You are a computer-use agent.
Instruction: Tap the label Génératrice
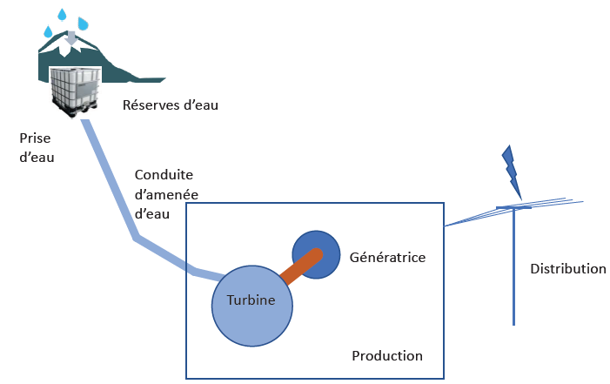[386, 258]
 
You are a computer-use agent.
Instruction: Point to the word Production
[386, 356]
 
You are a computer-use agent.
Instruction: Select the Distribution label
[567, 269]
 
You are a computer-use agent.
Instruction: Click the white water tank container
[77, 87]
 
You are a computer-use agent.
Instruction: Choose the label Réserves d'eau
[170, 106]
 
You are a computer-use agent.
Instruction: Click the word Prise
[34, 138]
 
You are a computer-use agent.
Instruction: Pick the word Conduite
[163, 174]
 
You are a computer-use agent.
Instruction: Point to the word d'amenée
[165, 193]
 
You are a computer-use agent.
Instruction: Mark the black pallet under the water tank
[77, 111]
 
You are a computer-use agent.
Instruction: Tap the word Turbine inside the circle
[251, 300]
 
